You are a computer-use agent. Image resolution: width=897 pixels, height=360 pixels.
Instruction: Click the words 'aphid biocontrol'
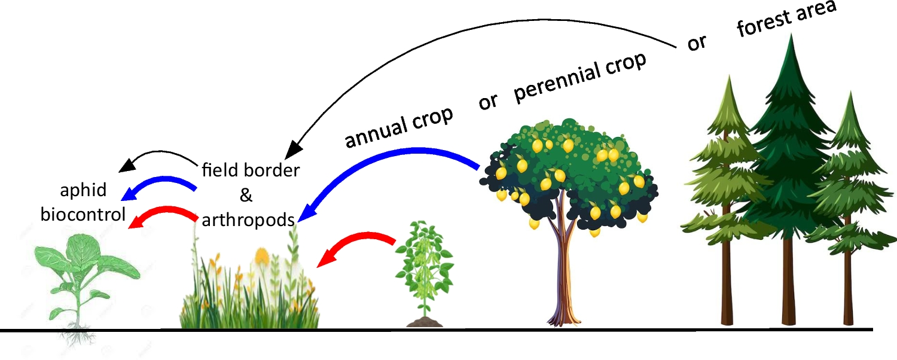[83, 202]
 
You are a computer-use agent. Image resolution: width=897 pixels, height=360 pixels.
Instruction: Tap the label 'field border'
[251, 170]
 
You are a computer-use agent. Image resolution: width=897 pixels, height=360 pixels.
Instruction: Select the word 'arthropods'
[248, 219]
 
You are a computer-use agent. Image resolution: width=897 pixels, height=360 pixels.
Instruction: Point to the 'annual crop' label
[399, 127]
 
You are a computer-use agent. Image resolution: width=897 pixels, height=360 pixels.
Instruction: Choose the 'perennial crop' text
[580, 77]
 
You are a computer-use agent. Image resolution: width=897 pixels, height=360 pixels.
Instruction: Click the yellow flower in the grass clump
[262, 257]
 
